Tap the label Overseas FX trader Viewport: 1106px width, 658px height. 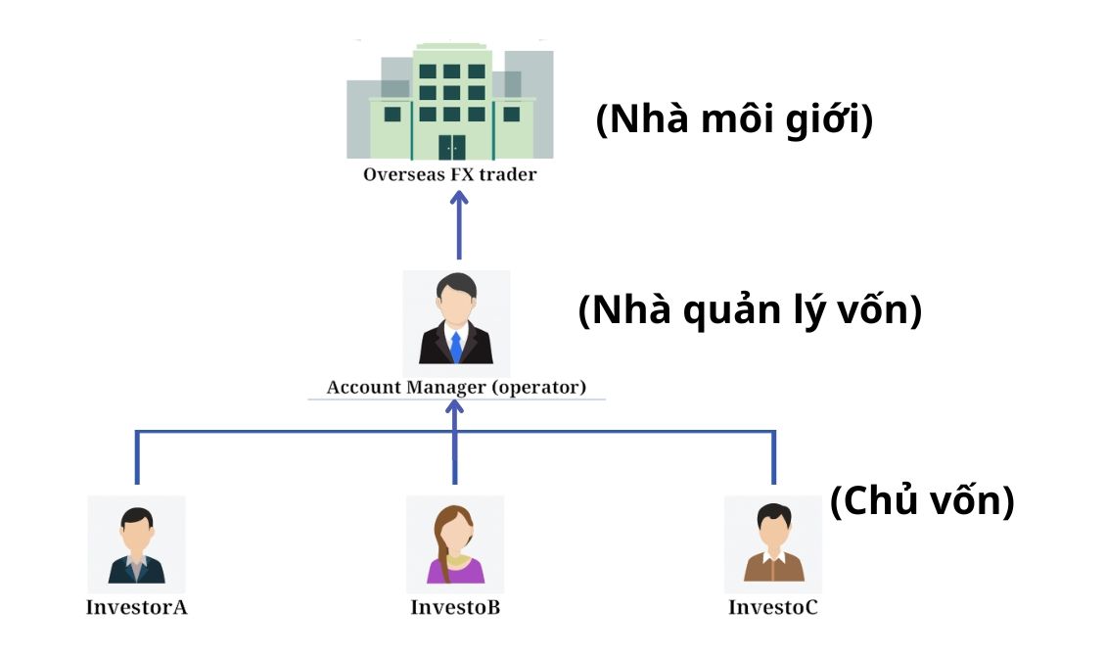(x=450, y=175)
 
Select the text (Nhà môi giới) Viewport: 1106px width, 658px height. (x=734, y=120)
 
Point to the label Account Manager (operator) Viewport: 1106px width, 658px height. (x=456, y=387)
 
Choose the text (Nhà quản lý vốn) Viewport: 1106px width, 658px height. (x=750, y=311)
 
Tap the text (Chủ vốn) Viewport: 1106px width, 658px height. (x=921, y=501)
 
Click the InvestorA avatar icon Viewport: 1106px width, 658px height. (x=136, y=543)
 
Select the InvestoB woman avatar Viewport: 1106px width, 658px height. (x=455, y=543)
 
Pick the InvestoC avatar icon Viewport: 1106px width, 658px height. (x=773, y=543)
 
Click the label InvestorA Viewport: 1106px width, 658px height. (x=136, y=607)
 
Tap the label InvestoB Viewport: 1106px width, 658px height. (x=455, y=607)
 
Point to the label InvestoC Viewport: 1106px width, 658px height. (x=772, y=607)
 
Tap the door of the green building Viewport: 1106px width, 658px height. (x=451, y=147)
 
